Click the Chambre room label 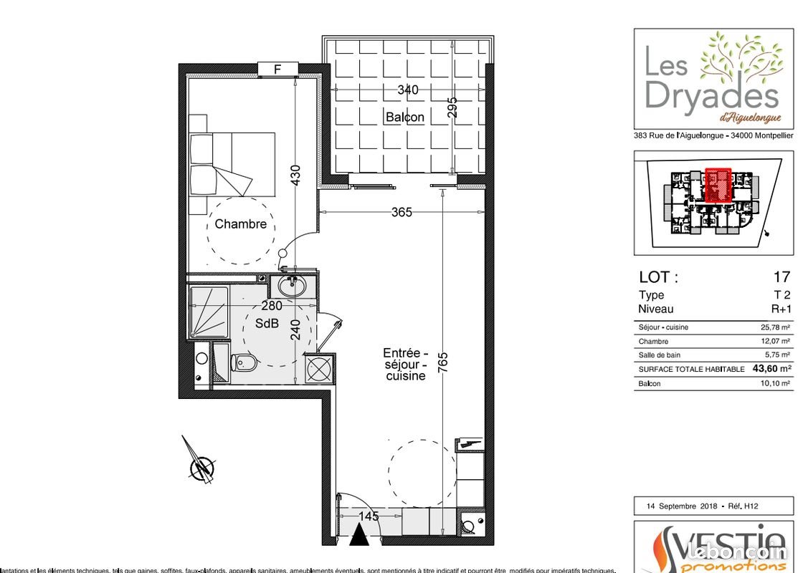tap(240, 224)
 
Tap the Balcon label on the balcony tap(404, 117)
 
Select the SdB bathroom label tap(266, 323)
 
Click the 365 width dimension tap(401, 213)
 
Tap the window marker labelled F tap(277, 69)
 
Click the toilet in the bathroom tap(244, 362)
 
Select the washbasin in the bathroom tap(292, 286)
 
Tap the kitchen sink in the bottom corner tap(470, 526)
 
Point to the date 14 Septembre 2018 tap(681, 506)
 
